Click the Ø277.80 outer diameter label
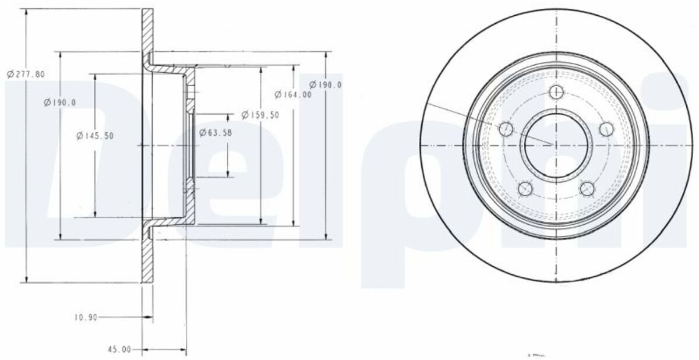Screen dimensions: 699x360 26,74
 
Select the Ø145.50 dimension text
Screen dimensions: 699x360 95,136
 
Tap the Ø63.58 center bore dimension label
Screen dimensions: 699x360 216,133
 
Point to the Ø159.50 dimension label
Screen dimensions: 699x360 260,115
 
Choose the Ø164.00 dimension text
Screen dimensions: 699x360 293,94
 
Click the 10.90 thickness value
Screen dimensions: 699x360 86,317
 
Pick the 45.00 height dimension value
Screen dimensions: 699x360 119,350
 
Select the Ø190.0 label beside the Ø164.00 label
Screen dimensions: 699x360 326,84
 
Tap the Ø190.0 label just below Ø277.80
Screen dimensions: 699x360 60,103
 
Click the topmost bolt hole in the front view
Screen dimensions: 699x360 556,92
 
